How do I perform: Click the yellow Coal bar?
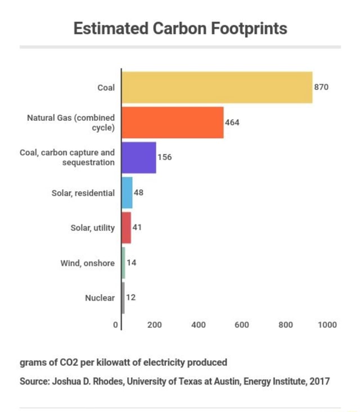click(217, 87)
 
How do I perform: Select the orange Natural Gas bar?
click(173, 122)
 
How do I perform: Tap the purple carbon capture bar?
click(139, 157)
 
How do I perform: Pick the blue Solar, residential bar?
click(127, 192)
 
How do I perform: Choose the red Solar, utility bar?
click(127, 228)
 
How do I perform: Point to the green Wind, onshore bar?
click(124, 262)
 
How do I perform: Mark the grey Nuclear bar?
click(123, 298)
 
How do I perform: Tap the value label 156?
click(164, 157)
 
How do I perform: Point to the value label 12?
click(131, 298)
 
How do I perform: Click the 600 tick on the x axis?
click(241, 325)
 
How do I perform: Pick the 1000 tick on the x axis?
click(327, 325)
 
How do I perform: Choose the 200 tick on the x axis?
click(155, 325)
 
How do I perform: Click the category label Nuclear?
click(100, 298)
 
